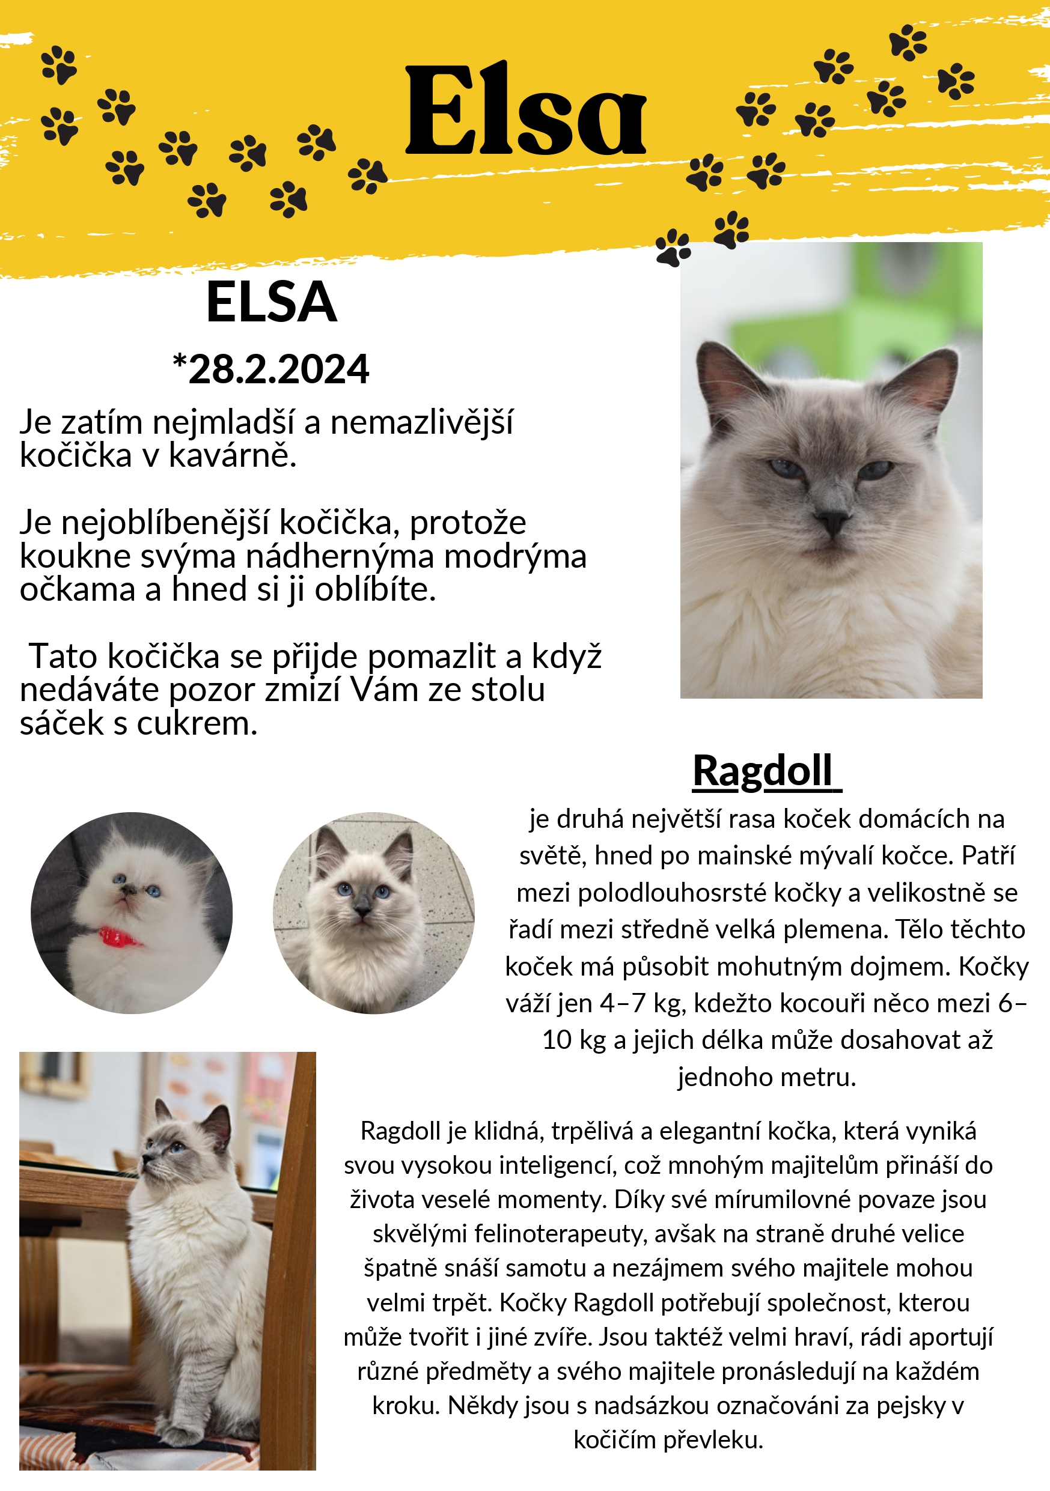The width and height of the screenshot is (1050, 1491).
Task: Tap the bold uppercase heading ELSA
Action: coord(272,302)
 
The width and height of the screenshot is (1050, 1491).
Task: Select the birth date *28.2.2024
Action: coord(271,369)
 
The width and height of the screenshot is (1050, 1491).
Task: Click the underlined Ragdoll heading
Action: coord(763,771)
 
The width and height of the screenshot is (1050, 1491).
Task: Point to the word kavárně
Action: coord(232,455)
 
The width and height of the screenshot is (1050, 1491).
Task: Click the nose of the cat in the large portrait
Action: coord(832,520)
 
